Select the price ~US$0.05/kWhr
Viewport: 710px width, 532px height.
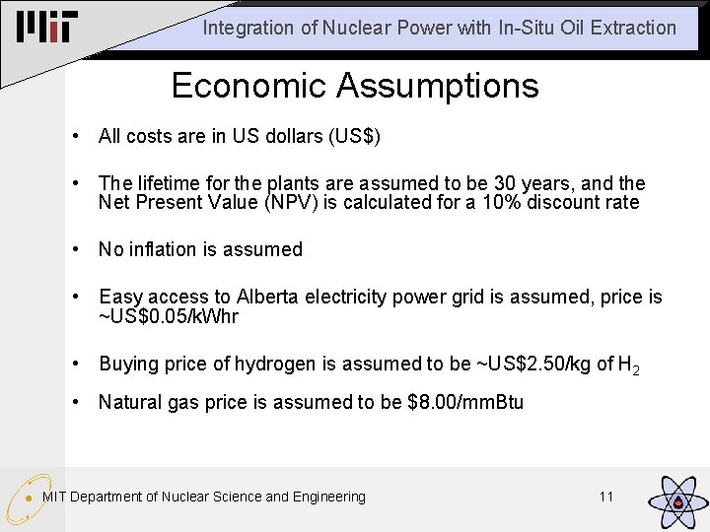coord(169,316)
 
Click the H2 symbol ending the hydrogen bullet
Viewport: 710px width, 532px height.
coord(628,366)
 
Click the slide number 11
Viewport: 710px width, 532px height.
coord(606,497)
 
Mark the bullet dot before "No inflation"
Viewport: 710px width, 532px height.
coord(77,249)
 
